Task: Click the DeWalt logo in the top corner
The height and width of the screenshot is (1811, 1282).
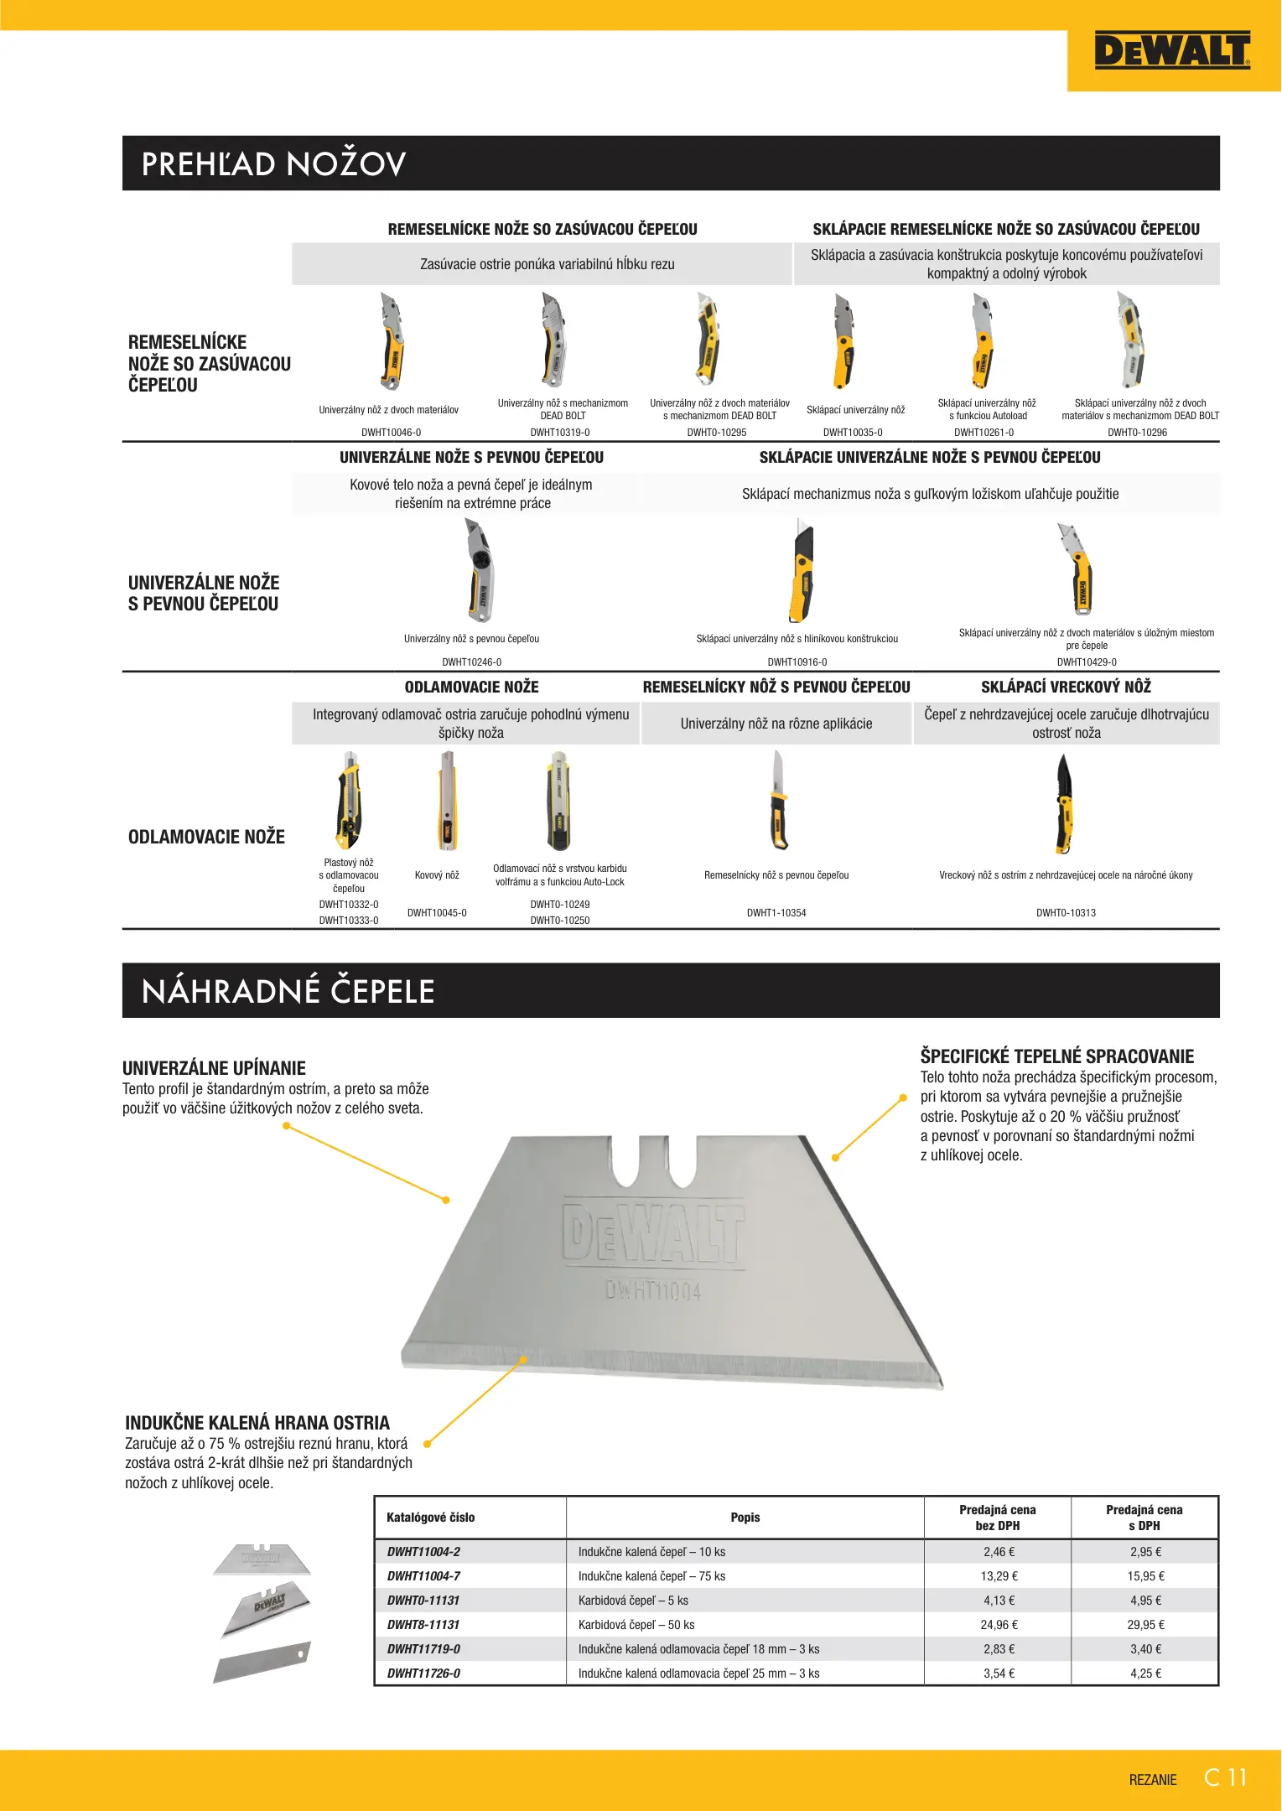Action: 1172,50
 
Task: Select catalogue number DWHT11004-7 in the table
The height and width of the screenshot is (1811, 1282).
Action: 423,1576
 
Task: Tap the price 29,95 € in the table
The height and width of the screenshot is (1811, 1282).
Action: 1145,1625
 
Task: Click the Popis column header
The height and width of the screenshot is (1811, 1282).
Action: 745,1518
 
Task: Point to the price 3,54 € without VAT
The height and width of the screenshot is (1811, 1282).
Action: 999,1673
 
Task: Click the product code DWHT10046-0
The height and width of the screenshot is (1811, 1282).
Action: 391,433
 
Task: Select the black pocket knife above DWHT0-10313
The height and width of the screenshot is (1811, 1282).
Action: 1065,803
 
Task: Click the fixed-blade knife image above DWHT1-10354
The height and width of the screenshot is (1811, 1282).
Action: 779,801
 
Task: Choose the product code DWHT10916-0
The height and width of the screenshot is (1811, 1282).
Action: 797,662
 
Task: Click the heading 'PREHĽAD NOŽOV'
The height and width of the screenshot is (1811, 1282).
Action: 274,164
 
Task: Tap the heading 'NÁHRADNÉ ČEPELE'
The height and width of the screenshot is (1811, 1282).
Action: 288,991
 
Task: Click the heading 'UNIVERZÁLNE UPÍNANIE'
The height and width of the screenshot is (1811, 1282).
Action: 214,1068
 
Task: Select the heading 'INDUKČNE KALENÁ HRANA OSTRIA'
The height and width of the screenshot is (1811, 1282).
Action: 257,1423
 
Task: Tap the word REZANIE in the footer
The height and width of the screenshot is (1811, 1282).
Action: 1153,1780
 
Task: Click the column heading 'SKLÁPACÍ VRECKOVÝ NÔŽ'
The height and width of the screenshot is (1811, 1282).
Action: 1066,688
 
